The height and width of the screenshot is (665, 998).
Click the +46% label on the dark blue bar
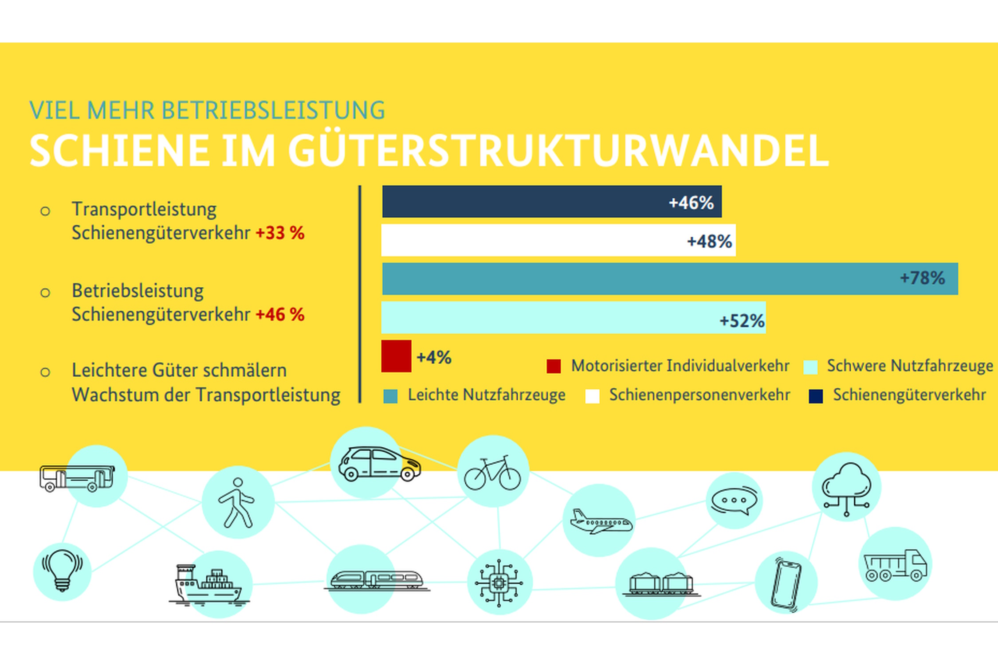[x=691, y=203]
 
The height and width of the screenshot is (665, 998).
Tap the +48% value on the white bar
[x=709, y=242]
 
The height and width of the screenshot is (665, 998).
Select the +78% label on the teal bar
[x=922, y=278]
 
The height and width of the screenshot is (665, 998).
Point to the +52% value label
[x=742, y=321]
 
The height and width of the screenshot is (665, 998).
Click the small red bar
[x=396, y=356]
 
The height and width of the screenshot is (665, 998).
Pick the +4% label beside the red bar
[x=434, y=357]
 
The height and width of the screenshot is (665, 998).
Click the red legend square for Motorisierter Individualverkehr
[x=554, y=366]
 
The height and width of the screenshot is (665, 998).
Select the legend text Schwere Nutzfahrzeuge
[x=910, y=366]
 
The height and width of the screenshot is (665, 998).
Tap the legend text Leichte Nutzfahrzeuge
[x=487, y=395]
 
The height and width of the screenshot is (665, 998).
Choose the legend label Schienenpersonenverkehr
[x=699, y=395]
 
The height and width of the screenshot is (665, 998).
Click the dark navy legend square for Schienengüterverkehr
[x=815, y=396]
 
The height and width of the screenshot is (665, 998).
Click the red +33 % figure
[x=280, y=233]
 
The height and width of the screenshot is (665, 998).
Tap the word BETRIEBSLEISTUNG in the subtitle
[x=273, y=110]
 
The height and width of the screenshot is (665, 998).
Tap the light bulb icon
[x=62, y=570]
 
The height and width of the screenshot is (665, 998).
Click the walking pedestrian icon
[x=237, y=503]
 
